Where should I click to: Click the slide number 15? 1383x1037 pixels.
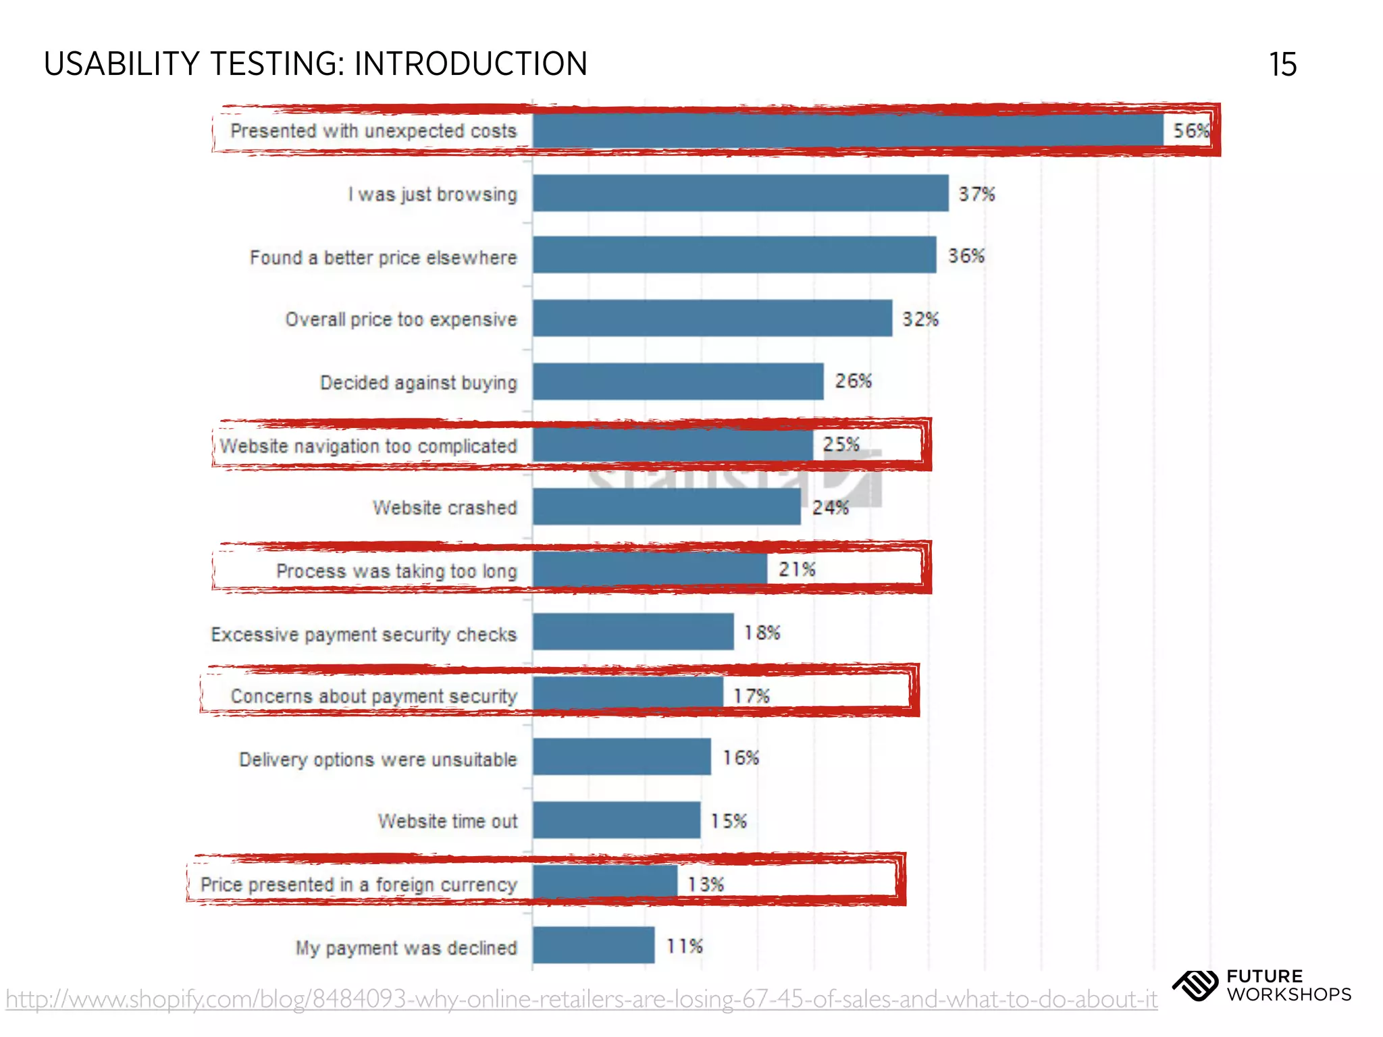(x=1282, y=65)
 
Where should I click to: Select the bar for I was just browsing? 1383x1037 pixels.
(x=740, y=193)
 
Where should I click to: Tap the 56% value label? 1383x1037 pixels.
(x=1190, y=130)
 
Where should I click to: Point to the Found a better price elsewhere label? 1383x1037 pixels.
(x=383, y=257)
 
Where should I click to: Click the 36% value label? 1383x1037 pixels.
(x=966, y=256)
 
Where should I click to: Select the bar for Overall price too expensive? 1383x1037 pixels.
(x=712, y=318)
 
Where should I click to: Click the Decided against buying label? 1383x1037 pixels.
(x=418, y=382)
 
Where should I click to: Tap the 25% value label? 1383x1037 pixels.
(x=841, y=444)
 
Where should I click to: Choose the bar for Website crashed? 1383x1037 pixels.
(x=666, y=506)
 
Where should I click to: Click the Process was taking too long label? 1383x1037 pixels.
(x=396, y=571)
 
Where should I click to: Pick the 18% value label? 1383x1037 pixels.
(x=762, y=633)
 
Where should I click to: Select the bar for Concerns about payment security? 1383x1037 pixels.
(x=627, y=695)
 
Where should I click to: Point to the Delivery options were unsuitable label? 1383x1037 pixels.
(x=377, y=760)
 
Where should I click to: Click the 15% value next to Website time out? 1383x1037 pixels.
(x=728, y=821)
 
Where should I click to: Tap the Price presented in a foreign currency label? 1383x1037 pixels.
(x=359, y=884)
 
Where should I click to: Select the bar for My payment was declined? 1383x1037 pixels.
(x=593, y=945)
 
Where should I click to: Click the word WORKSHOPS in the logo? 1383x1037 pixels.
(x=1289, y=994)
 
